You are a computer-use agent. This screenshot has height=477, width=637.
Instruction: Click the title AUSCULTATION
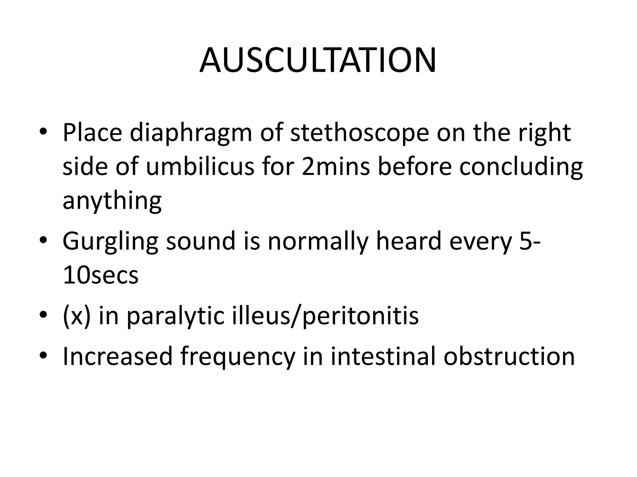tap(318, 60)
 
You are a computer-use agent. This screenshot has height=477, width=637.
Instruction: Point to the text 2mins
tap(336, 166)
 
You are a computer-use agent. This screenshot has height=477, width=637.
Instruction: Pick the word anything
tap(112, 201)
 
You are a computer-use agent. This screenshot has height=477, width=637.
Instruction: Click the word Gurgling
tap(110, 242)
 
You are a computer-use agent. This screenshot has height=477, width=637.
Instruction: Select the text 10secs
tap(100, 275)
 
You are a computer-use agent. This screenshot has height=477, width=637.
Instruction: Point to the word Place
tap(92, 133)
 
